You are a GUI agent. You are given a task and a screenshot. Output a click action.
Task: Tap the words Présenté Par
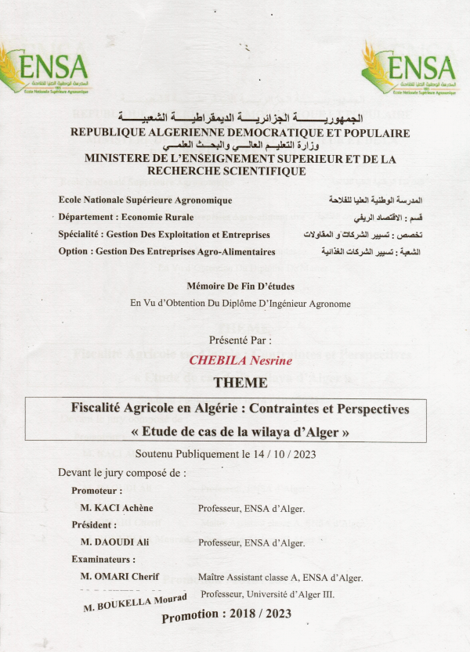240,340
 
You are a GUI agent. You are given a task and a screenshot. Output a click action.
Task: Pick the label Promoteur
96,491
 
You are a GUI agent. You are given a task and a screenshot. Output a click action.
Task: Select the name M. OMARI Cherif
120,577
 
